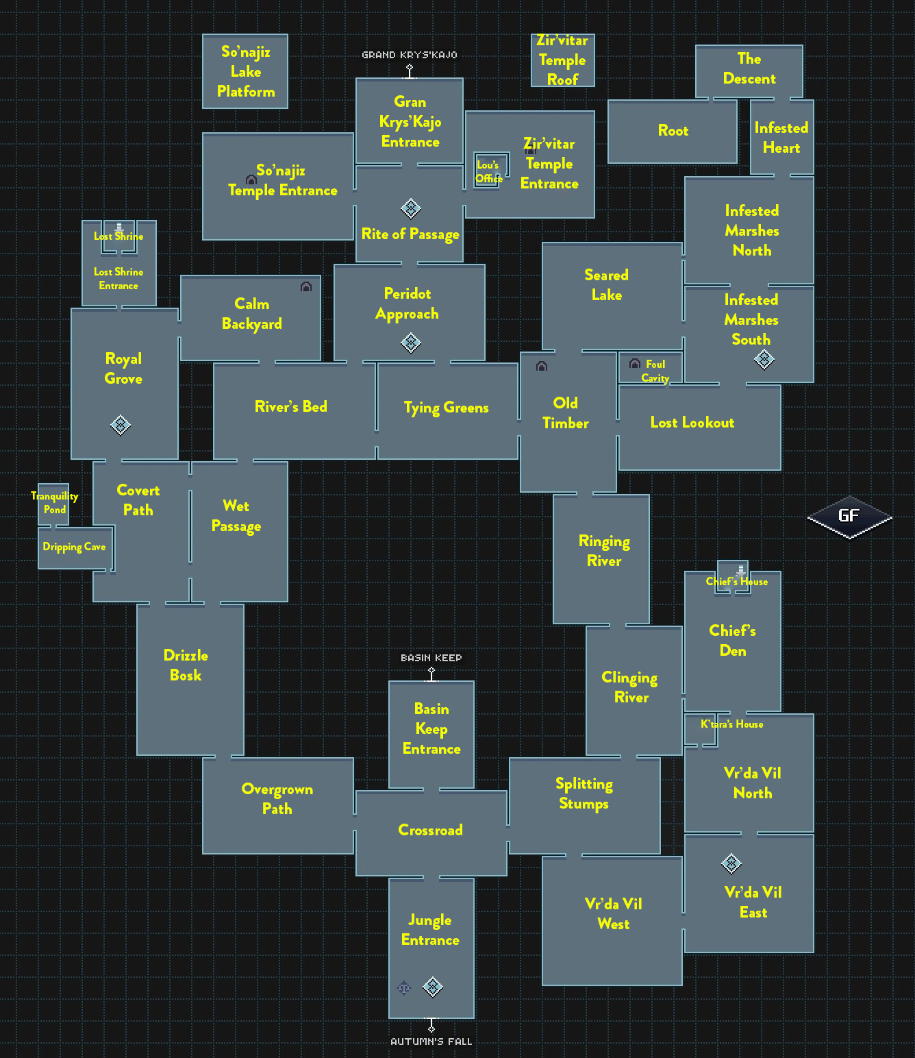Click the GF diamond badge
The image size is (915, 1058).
[x=849, y=517]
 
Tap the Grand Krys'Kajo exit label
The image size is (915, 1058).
[x=410, y=55]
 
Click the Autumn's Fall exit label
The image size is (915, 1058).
[x=431, y=1042]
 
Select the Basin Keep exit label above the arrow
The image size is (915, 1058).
[x=431, y=658]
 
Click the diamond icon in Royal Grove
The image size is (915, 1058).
[x=121, y=425]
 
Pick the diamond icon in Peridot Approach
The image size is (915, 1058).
[x=411, y=343]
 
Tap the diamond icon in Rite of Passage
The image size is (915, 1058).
[x=410, y=208]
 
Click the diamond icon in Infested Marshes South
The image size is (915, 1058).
[x=764, y=358]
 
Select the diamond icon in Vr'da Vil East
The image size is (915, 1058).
[x=731, y=863]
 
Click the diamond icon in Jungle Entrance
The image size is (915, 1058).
[x=433, y=987]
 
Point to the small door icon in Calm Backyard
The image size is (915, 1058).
[x=306, y=286]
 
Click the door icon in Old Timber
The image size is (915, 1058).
[x=542, y=367]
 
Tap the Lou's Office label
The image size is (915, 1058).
[x=489, y=171]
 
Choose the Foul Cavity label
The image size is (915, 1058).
[x=655, y=371]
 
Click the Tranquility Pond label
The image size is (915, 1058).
[x=55, y=502]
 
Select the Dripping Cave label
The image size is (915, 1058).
[x=74, y=547]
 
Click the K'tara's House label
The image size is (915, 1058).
[x=731, y=724]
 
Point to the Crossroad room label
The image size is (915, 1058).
[x=430, y=830]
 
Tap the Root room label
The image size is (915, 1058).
[x=673, y=130]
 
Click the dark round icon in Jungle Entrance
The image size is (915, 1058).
[x=404, y=987]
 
